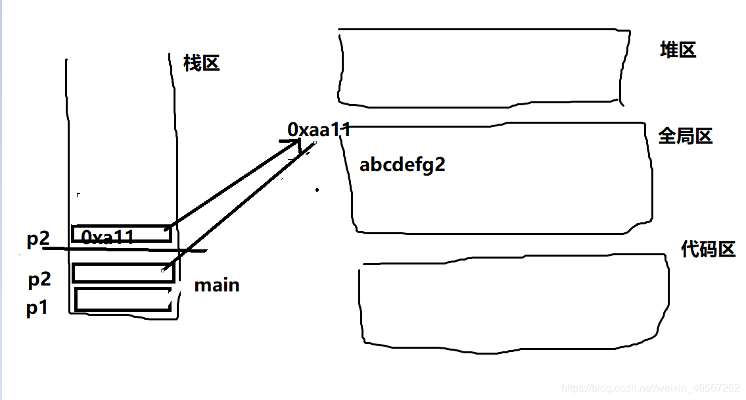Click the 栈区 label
(x=202, y=64)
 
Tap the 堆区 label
(x=678, y=50)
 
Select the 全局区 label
(x=686, y=136)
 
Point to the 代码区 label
(x=708, y=249)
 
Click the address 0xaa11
(x=319, y=130)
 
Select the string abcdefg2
(x=402, y=164)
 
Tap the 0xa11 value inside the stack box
(x=108, y=237)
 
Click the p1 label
(x=37, y=308)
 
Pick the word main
(x=217, y=286)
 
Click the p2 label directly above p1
(x=39, y=280)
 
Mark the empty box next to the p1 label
(x=123, y=299)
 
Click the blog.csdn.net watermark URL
(x=651, y=388)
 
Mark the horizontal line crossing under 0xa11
(x=125, y=249)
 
